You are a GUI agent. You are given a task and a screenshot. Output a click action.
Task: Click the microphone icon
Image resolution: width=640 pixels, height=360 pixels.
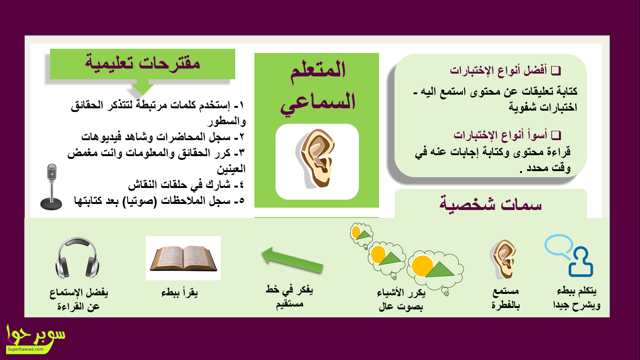(51, 187)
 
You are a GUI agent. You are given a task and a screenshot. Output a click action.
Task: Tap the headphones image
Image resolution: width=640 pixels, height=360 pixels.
(77, 258)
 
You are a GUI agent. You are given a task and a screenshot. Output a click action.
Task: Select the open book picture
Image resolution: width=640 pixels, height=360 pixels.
(183, 258)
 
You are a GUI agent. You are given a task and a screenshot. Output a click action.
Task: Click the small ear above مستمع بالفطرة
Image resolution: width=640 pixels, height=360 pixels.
(503, 259)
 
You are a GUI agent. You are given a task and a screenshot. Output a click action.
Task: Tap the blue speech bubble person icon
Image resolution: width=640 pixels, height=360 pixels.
(569, 255)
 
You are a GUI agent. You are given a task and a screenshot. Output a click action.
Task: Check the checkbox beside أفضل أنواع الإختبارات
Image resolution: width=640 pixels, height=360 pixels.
(556, 70)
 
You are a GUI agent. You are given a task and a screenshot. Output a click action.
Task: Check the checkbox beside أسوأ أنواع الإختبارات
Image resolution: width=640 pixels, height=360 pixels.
(556, 135)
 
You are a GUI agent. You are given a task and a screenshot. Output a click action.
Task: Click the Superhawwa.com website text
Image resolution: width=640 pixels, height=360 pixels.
(25, 349)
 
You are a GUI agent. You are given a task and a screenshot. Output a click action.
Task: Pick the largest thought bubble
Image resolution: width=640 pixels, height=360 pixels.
(435, 270)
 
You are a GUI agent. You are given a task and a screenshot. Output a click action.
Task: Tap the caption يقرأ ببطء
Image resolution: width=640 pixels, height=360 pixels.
(179, 292)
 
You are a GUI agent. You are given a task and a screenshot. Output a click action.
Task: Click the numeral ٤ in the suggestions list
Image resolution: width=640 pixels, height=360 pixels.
(241, 185)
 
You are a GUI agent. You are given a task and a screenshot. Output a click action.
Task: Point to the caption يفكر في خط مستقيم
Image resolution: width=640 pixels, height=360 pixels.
(289, 297)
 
